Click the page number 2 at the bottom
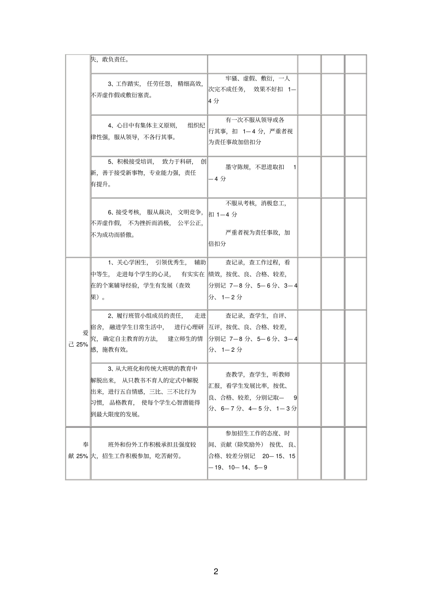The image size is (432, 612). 216,571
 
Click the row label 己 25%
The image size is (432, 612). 78,344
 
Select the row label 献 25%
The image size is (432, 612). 78,456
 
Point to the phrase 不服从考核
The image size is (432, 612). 241,203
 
